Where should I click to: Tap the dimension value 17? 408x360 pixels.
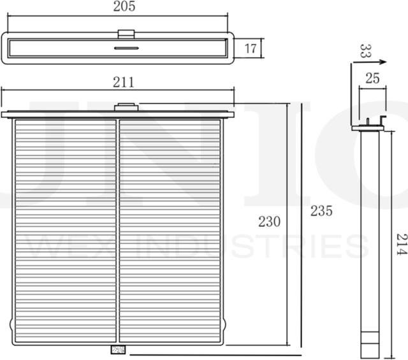pos(251,48)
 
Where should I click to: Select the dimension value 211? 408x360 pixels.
pos(124,82)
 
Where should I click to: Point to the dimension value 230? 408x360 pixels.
pos(270,222)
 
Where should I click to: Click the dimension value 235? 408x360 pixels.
pos(321,212)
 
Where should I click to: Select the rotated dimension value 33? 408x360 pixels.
pos(365,51)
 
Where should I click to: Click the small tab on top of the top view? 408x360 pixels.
pos(126,32)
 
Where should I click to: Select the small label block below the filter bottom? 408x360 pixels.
pos(118,349)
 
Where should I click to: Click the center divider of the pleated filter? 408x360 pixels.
pos(118,230)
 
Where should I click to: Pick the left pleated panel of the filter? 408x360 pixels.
pos(65,230)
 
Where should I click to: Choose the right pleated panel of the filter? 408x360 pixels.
pos(170,230)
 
